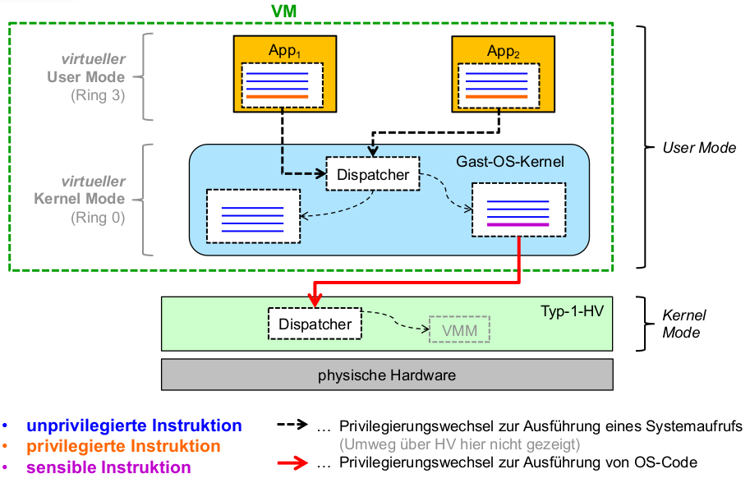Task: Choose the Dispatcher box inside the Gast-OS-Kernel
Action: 373,174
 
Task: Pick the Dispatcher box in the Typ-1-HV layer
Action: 315,324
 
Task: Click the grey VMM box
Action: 460,330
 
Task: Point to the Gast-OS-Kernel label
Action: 510,162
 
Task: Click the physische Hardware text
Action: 386,375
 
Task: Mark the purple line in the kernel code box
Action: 518,224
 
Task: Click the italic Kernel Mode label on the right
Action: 683,324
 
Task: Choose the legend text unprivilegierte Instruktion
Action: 134,425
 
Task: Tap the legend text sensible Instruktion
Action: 108,467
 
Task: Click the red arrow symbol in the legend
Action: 292,462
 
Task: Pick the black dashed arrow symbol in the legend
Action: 292,425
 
